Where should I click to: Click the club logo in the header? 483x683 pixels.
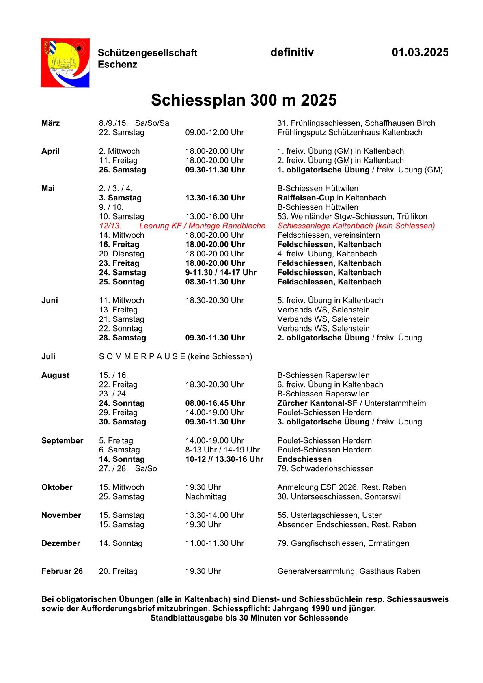click(65, 62)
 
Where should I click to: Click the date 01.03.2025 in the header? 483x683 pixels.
click(420, 52)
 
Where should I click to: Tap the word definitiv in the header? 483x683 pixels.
click(292, 52)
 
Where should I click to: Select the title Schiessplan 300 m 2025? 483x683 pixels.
click(244, 100)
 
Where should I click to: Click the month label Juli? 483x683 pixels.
click(48, 356)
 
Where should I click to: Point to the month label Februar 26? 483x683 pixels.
click(62, 571)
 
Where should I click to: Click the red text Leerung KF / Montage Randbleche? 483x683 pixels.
click(202, 226)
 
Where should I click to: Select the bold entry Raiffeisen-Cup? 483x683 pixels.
click(306, 198)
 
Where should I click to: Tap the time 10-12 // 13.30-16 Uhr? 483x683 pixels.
click(224, 459)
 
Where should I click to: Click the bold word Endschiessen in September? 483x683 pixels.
click(304, 459)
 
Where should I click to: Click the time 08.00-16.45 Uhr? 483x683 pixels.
click(215, 403)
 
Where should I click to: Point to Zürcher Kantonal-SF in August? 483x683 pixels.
click(317, 403)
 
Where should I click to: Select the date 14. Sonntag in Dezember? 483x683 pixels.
click(121, 543)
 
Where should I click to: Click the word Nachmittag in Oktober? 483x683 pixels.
click(205, 496)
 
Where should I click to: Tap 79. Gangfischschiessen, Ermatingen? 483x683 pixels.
click(343, 543)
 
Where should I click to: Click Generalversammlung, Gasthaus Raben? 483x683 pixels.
click(348, 571)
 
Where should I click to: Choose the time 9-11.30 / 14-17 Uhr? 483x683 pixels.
click(221, 272)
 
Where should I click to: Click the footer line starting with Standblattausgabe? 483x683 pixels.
click(249, 618)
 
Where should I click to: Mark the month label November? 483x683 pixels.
click(61, 515)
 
